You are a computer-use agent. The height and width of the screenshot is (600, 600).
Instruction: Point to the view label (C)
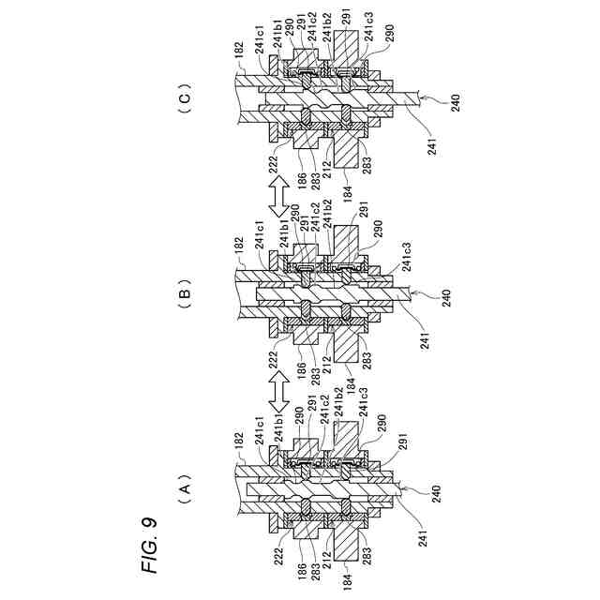184,98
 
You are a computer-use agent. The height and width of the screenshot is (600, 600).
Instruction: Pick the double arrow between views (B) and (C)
277,196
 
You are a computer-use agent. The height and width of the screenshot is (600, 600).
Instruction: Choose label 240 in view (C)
456,102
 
